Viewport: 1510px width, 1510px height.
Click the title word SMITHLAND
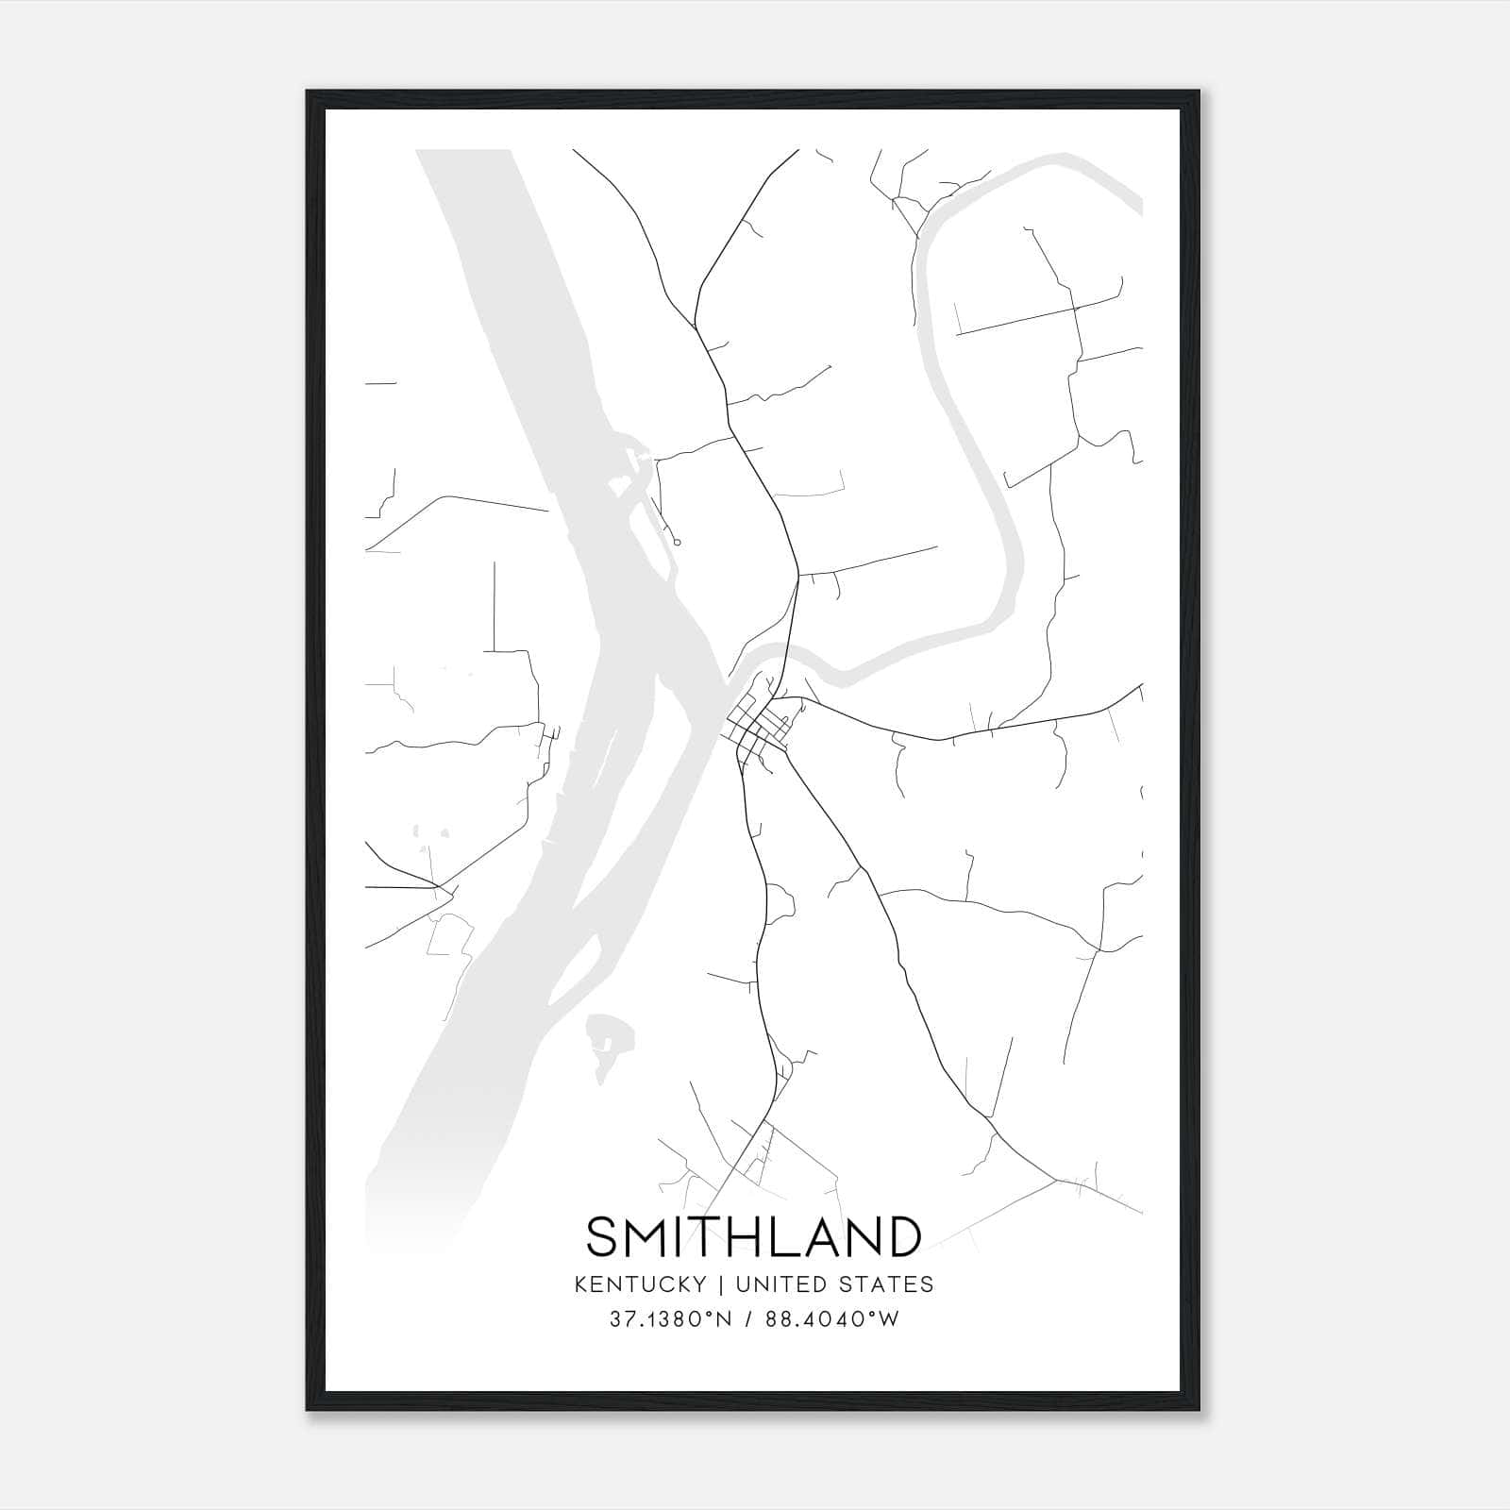tap(754, 1236)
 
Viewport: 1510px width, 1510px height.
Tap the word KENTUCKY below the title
tap(652, 1284)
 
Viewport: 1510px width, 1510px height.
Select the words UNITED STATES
tap(834, 1284)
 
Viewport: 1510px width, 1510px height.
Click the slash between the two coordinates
tap(747, 1320)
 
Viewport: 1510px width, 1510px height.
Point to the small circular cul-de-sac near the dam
tap(678, 542)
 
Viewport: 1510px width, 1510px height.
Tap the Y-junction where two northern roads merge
tap(696, 327)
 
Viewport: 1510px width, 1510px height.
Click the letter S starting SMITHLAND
tap(602, 1236)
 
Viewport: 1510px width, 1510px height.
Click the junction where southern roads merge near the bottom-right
tap(1057, 1180)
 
